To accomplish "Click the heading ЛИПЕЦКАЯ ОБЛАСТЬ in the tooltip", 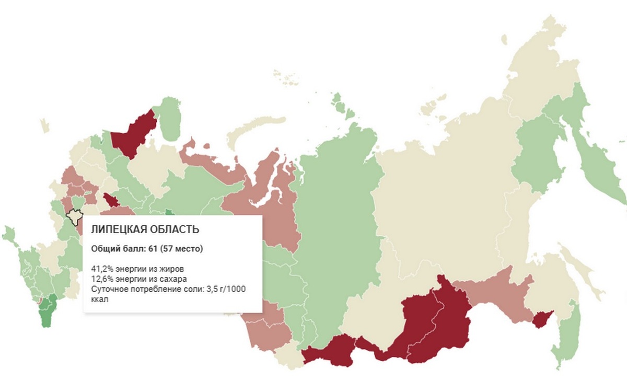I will [145, 229].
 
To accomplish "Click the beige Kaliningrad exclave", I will [45, 126].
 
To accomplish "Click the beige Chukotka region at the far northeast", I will [543, 57].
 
